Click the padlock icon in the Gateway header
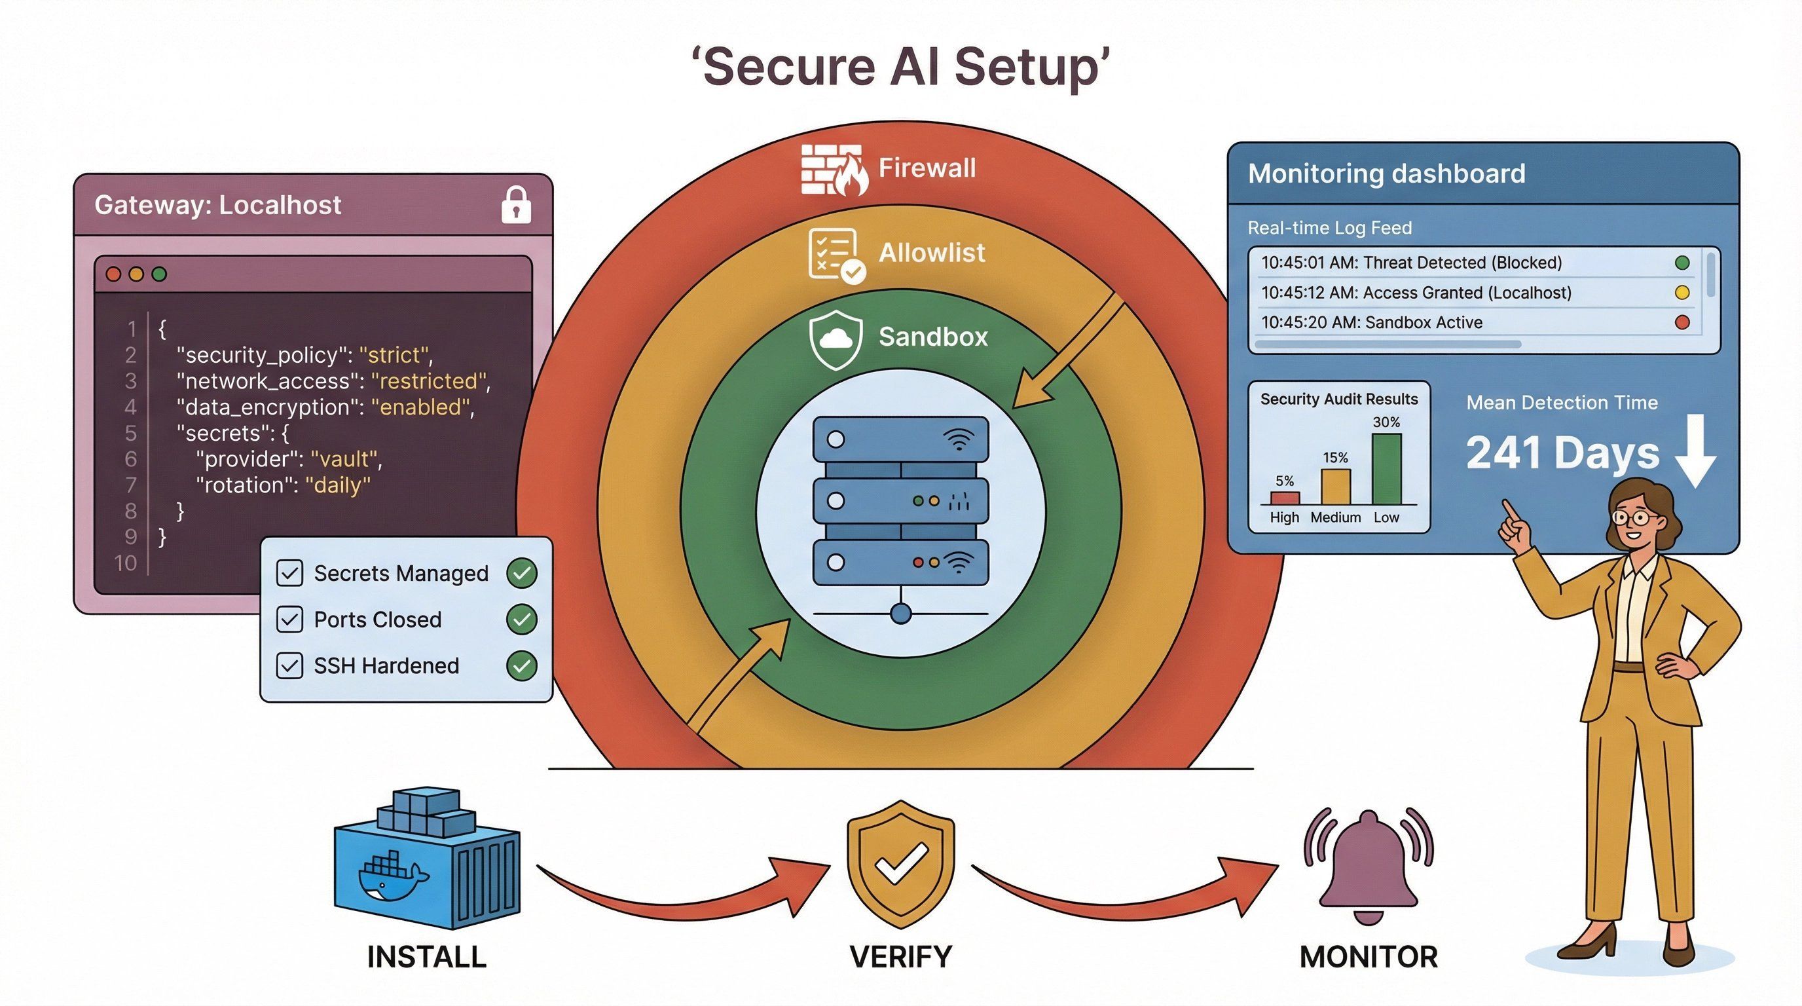click(x=516, y=205)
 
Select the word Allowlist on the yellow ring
click(x=931, y=253)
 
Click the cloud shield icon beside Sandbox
click(x=835, y=339)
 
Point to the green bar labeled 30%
click(x=1386, y=469)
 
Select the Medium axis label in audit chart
click(x=1334, y=517)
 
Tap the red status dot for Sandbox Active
click(x=1682, y=322)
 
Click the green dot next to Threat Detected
click(x=1682, y=263)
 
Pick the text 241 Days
click(x=1562, y=453)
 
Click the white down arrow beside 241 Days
click(x=1696, y=451)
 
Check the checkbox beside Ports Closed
click(x=289, y=619)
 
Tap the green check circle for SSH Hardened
click(x=521, y=665)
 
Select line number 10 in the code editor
click(x=126, y=563)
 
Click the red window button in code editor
click(x=113, y=274)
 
